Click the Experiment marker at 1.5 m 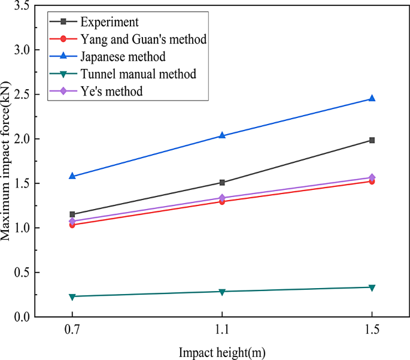pos(372,140)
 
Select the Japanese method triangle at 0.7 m pos(72,176)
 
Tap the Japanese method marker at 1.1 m pos(222,135)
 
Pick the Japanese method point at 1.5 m pos(372,98)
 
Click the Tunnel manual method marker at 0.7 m pos(72,297)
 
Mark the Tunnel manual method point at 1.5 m pos(372,288)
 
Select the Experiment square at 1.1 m pos(222,182)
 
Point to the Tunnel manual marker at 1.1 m pos(222,292)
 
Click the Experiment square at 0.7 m pos(72,214)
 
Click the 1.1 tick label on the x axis pos(222,329)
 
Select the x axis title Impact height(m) pos(222,352)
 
